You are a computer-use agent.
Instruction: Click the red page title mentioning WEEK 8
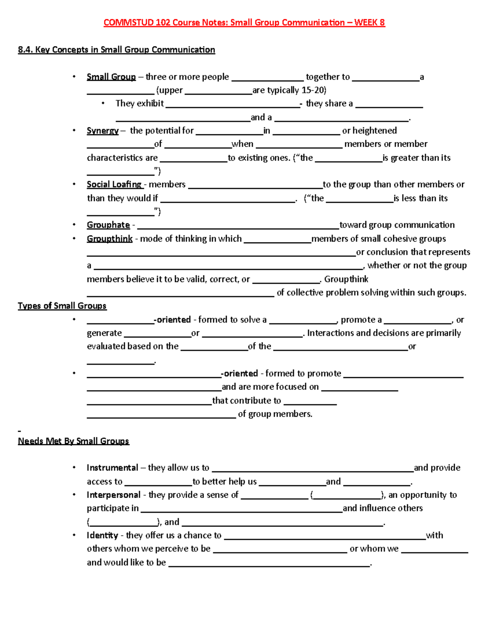[244, 23]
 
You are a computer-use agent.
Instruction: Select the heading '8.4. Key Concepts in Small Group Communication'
[116, 50]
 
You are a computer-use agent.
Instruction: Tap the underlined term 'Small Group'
[111, 77]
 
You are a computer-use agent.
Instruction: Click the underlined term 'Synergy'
[102, 131]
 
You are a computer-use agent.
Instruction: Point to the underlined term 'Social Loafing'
[114, 184]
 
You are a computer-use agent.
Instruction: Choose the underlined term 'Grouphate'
[108, 225]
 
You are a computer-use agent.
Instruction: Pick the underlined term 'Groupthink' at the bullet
[109, 238]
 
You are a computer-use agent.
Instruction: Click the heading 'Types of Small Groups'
[62, 306]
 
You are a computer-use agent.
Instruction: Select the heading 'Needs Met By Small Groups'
[73, 441]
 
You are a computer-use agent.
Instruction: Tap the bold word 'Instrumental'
[112, 468]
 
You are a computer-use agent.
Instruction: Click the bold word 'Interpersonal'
[114, 495]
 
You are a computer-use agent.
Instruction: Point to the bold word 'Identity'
[102, 535]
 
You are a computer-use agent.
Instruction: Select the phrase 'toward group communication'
[397, 225]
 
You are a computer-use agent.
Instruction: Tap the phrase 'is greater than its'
[416, 158]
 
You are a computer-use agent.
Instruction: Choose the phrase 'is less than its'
[420, 198]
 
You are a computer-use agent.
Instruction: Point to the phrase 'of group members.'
[275, 414]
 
